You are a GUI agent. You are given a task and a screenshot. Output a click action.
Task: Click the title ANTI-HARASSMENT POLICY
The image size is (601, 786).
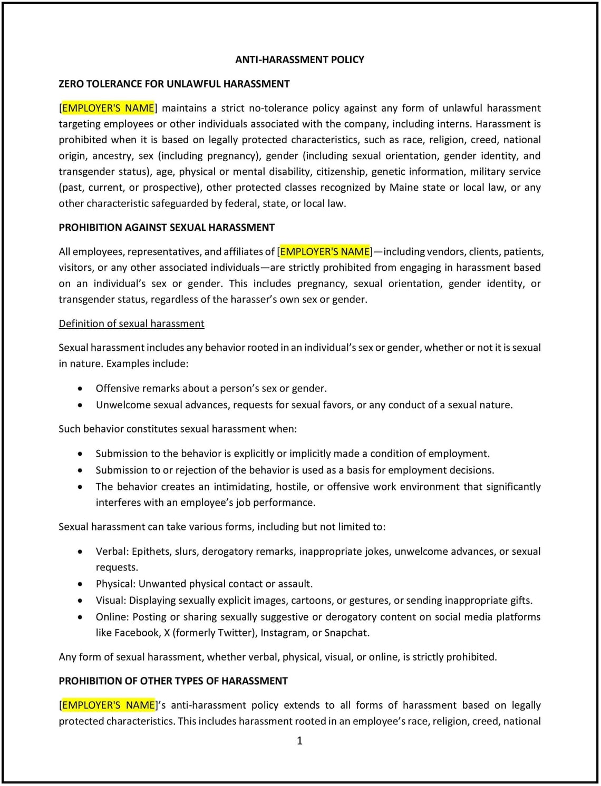pyautogui.click(x=299, y=60)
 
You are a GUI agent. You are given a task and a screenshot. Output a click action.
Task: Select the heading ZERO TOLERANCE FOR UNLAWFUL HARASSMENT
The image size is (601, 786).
pyautogui.click(x=174, y=84)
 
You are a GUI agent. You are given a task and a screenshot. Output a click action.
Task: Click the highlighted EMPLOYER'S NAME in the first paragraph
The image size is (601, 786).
pyautogui.click(x=108, y=108)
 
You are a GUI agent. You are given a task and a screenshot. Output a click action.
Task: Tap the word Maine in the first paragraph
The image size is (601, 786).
pyautogui.click(x=404, y=188)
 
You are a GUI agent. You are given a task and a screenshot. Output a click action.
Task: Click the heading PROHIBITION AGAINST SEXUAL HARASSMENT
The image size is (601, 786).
pyautogui.click(x=167, y=228)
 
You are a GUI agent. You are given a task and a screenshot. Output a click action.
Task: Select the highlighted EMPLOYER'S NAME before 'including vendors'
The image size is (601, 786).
pyautogui.click(x=325, y=252)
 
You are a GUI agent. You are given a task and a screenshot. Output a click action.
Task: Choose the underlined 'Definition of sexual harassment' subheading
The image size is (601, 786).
pyautogui.click(x=131, y=323)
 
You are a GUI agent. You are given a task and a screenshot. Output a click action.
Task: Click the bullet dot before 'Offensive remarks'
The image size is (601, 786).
pyautogui.click(x=80, y=389)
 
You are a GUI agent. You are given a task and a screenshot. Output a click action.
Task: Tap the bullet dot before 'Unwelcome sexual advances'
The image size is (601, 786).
pyautogui.click(x=80, y=405)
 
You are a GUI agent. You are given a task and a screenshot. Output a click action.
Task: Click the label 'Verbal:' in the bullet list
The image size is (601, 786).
pyautogui.click(x=112, y=552)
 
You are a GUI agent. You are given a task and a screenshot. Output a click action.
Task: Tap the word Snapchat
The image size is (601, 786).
pyautogui.click(x=346, y=633)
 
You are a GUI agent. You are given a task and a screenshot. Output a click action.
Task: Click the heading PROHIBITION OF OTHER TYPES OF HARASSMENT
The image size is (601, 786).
pyautogui.click(x=173, y=681)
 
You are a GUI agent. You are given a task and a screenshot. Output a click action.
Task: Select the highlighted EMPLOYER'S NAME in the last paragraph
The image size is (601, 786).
pyautogui.click(x=108, y=705)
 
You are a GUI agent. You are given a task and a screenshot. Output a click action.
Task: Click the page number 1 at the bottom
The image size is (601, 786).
pyautogui.click(x=299, y=741)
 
